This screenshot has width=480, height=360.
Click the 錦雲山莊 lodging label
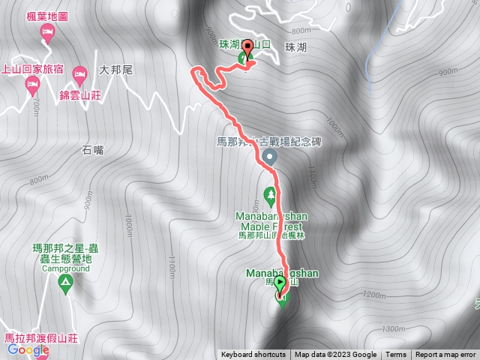81,95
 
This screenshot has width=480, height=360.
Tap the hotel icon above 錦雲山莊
80,73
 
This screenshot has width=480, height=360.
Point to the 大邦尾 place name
115,70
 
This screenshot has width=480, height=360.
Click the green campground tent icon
65,283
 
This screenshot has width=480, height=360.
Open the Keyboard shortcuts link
253,355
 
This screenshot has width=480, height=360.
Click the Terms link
396,355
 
